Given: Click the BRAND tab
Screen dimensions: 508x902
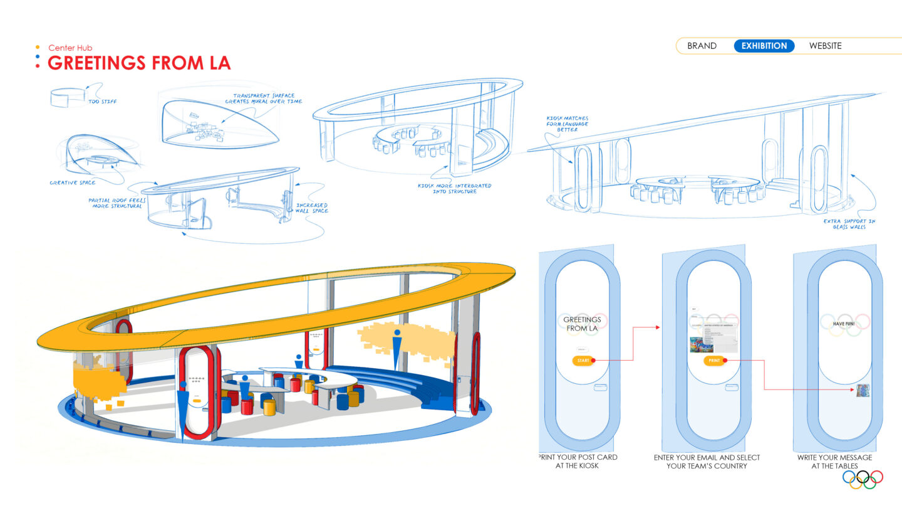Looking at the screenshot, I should click(x=702, y=46).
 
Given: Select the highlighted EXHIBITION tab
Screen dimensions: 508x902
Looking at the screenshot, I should click(x=764, y=46).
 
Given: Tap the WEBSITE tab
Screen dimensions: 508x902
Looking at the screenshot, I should click(x=825, y=46).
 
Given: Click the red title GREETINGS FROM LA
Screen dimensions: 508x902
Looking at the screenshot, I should click(x=139, y=63).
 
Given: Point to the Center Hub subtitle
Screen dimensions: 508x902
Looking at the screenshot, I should click(x=70, y=48).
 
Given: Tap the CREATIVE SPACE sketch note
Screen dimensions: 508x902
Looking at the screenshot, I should click(x=73, y=183).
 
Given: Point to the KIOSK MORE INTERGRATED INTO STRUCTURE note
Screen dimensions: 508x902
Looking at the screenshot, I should click(x=454, y=189).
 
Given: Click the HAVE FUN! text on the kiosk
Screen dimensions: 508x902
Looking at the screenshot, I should click(x=845, y=324).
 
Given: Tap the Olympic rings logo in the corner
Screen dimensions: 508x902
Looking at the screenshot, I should click(x=863, y=479).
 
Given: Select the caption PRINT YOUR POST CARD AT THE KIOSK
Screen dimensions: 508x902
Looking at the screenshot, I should click(x=578, y=462).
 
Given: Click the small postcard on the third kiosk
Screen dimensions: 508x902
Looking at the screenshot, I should click(x=863, y=390).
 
